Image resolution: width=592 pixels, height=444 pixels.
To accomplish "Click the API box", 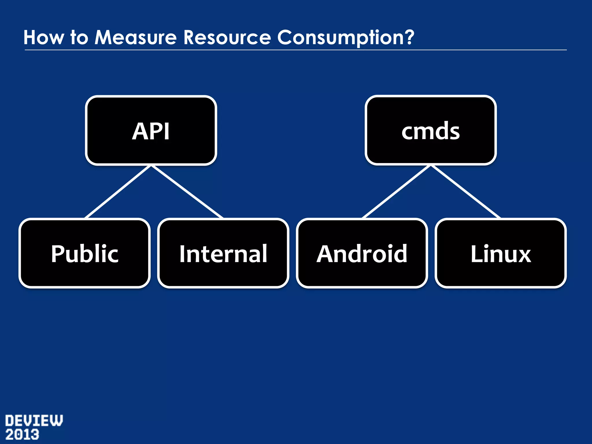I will click(151, 130).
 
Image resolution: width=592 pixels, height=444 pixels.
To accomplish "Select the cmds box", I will click(430, 130).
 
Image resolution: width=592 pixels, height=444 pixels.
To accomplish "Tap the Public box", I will click(84, 253).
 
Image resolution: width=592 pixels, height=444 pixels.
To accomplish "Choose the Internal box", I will click(223, 253).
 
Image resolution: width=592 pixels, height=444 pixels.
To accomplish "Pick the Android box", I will click(362, 253).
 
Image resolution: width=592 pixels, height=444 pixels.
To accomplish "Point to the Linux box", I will click(500, 253).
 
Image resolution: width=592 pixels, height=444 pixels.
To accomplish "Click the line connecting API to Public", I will click(118, 192).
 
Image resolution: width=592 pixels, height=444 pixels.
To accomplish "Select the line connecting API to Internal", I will click(187, 192).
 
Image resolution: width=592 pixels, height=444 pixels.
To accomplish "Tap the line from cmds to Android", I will click(397, 192).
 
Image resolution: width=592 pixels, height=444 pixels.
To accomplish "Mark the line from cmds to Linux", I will click(465, 192).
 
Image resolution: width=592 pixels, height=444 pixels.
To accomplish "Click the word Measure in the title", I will click(136, 38).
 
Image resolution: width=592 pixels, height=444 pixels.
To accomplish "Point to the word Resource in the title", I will click(227, 38).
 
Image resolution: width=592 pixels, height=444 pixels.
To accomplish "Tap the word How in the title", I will click(43, 38).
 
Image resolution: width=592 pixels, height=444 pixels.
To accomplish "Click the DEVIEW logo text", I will click(34, 421).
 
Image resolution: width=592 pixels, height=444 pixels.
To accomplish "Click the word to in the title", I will click(79, 38).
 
